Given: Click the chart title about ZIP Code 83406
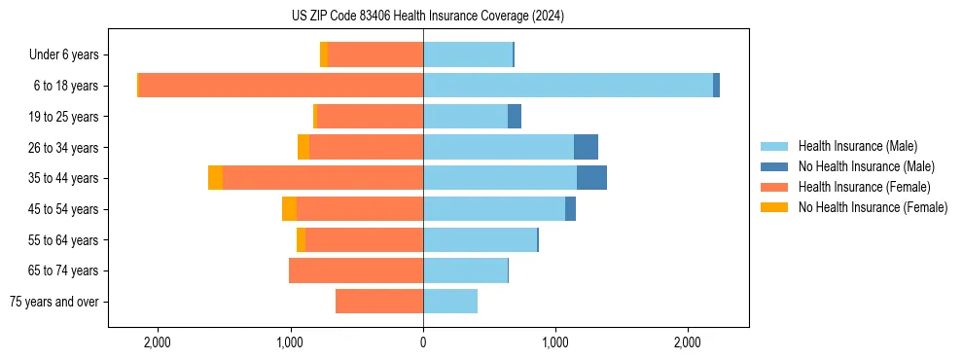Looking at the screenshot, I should (x=427, y=17).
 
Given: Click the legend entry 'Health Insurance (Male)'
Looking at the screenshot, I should (x=857, y=146).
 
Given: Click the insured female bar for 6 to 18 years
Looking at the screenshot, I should (x=281, y=86).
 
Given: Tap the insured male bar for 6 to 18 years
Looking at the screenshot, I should (x=568, y=86).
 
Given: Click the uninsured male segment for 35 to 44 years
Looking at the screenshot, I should (x=591, y=178).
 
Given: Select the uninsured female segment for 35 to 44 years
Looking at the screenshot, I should (x=215, y=178).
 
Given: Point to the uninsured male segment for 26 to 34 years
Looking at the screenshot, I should (x=586, y=147).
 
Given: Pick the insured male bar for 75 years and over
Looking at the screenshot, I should (x=450, y=302).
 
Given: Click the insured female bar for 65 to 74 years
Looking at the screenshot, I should (x=356, y=270).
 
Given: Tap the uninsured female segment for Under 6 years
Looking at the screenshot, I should (x=324, y=54).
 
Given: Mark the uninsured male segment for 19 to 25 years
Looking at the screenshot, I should (x=515, y=117).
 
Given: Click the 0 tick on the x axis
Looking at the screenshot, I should (x=423, y=343).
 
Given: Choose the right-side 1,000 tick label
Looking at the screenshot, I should (x=555, y=343).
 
